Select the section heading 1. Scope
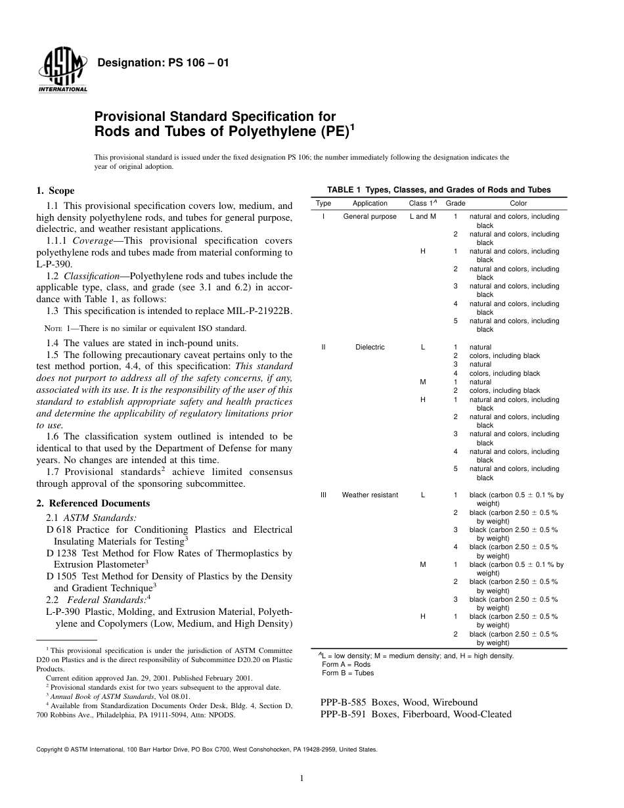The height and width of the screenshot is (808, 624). (55, 191)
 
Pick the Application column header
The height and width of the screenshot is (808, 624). (370, 204)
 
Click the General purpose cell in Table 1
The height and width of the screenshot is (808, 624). (370, 217)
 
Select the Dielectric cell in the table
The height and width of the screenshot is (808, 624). (370, 347)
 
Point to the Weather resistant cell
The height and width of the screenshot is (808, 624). (370, 495)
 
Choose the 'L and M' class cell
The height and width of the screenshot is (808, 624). (422, 217)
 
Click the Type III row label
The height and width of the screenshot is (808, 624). (323, 495)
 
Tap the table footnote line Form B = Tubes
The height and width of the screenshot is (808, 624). (347, 673)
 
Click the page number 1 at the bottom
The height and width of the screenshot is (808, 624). (301, 779)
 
